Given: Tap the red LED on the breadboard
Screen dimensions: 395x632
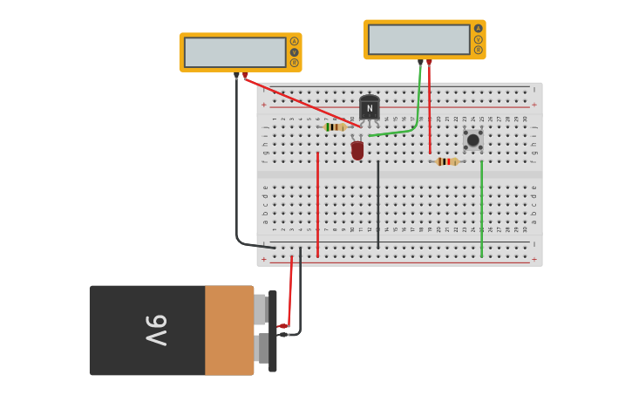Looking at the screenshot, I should pos(357,150).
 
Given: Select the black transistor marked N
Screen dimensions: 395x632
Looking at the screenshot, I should pos(370,108).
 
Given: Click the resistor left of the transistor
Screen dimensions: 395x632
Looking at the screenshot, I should pos(335,127).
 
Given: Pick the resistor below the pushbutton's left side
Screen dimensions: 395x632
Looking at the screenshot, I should pos(447,161).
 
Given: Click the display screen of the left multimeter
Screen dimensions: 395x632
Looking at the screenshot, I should pos(234,52).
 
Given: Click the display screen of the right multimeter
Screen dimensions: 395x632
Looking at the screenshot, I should pos(418,39).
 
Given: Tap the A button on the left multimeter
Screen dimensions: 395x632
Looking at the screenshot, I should pos(294,41).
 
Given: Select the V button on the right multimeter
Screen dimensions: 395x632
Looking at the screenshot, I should pos(478,39).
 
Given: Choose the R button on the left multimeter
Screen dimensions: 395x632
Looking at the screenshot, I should pos(294,63).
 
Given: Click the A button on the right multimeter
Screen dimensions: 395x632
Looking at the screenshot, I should pos(478,29).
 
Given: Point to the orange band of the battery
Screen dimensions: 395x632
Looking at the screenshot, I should pos(229,330).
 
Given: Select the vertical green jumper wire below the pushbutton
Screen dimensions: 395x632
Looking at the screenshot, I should pos(481,209).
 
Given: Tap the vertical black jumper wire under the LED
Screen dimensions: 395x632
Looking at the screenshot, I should pos(377,205).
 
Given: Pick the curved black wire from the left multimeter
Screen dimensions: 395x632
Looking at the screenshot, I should pos(237,174).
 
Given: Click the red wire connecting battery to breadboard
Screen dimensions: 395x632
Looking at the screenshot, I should pos(290,292).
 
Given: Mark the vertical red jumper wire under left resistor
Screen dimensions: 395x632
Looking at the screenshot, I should pos(317,205).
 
